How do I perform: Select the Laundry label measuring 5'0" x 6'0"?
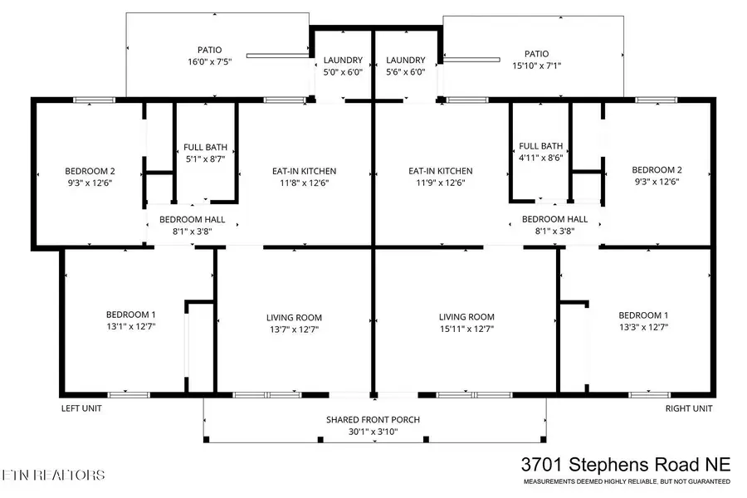coord(343,61)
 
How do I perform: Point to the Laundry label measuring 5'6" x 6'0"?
coord(406,61)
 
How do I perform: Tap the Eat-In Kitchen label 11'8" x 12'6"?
coord(305,172)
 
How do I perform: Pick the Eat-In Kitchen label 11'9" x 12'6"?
coord(441,172)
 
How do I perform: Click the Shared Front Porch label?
coord(373,420)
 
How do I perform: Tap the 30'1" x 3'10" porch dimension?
coord(373,432)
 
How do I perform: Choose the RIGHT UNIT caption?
coord(688,408)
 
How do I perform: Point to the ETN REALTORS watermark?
coord(53,476)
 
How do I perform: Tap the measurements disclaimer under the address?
coord(626,481)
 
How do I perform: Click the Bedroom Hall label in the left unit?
coord(193,219)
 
